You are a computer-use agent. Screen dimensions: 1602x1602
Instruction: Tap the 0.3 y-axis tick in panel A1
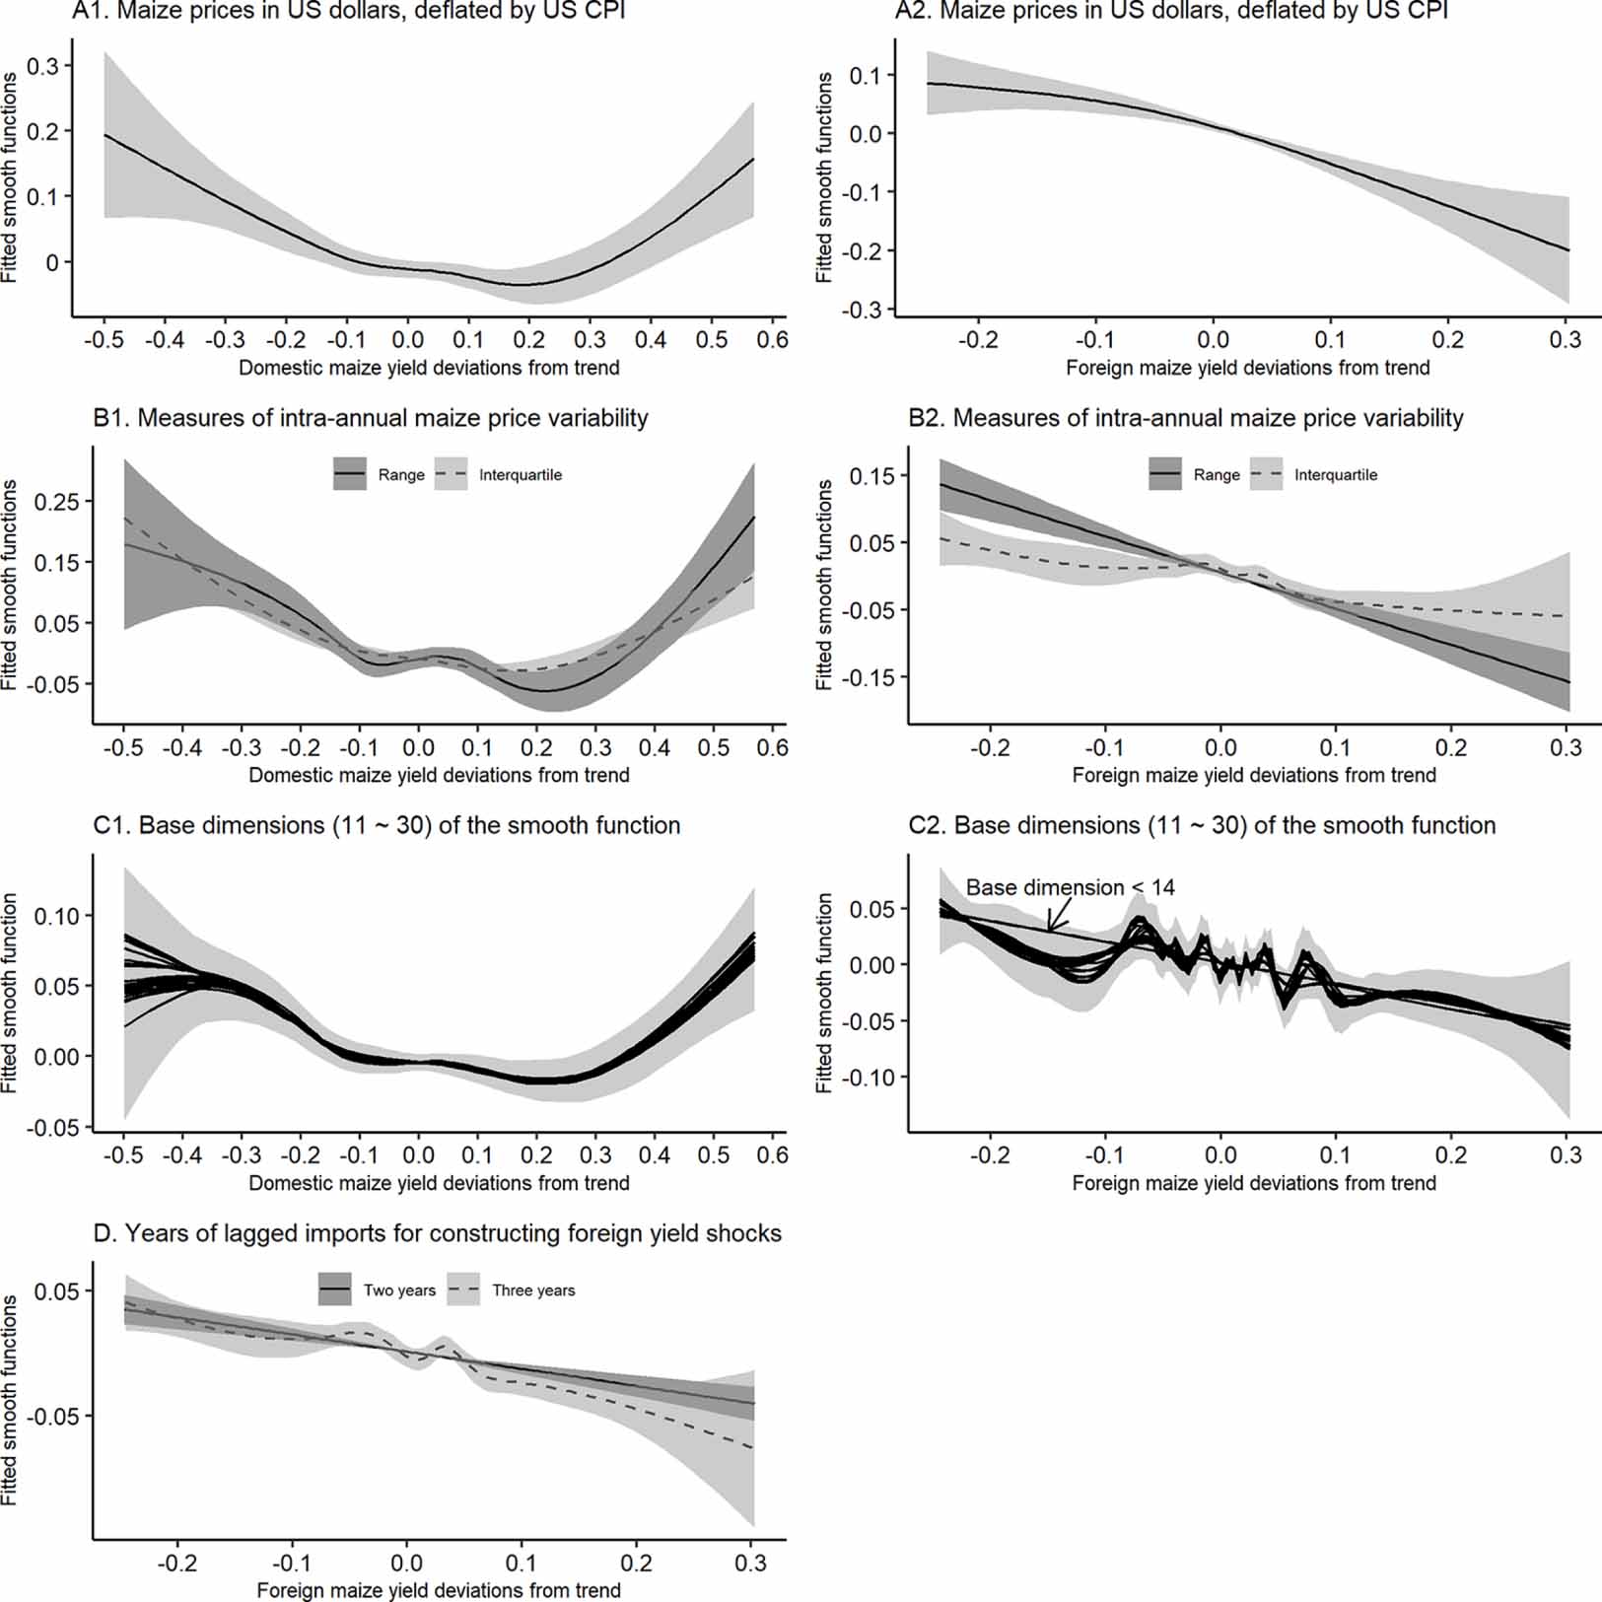(41, 66)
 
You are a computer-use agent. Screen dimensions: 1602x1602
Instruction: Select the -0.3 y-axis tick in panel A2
(862, 309)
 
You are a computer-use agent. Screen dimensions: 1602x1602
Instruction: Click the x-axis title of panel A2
(1247, 368)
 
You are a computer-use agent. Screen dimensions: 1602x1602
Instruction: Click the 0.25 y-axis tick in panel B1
(56, 501)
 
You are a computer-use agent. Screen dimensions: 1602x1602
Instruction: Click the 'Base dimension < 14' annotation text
(1070, 887)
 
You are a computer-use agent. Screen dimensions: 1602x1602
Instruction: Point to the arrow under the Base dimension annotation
(1060, 916)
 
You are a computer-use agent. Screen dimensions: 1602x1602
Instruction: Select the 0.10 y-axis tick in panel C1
(56, 916)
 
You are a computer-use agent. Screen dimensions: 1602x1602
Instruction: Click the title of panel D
(437, 1233)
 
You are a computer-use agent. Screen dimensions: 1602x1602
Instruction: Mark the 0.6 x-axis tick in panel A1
(772, 340)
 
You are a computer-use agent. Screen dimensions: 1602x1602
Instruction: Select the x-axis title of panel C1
(439, 1182)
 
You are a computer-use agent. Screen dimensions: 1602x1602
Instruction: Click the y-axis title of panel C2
(824, 992)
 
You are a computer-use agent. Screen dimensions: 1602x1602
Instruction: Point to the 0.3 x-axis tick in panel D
(751, 1563)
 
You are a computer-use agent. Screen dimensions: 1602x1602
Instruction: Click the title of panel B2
(1185, 418)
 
